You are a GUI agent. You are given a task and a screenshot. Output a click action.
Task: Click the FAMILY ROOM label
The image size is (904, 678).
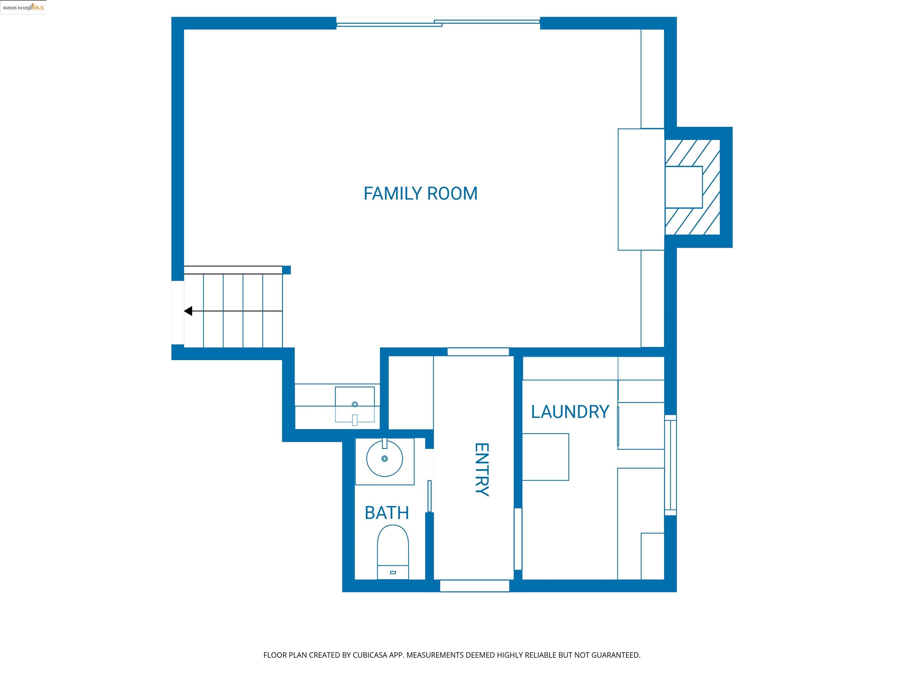(421, 194)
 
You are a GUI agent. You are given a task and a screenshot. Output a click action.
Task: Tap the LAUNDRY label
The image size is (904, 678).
(570, 412)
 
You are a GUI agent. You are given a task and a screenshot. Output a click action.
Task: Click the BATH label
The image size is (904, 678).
(387, 513)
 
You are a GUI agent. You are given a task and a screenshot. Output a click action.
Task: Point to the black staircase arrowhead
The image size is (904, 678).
(188, 311)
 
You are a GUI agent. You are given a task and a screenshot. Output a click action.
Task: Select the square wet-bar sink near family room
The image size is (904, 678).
(355, 404)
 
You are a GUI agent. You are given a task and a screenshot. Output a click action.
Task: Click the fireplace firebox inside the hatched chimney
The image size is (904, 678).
(683, 187)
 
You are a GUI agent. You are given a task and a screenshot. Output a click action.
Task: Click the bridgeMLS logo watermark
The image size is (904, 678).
(23, 7)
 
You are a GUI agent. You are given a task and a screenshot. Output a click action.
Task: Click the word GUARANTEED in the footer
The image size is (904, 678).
(616, 655)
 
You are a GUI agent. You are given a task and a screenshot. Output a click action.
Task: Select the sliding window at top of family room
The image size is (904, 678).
(438, 22)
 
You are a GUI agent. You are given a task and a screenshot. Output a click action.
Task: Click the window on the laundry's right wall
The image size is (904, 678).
(670, 465)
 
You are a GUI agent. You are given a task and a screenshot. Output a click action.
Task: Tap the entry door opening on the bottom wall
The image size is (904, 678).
(474, 586)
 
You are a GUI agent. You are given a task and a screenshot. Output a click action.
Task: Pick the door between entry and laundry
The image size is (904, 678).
(518, 539)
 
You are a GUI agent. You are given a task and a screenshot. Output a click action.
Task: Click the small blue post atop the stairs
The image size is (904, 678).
(287, 270)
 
